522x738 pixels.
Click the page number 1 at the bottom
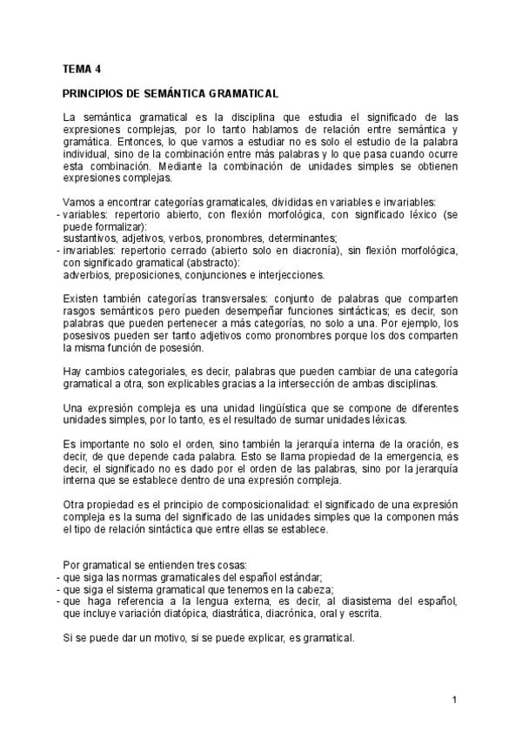coord(454,700)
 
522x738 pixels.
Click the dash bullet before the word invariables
coord(58,251)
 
